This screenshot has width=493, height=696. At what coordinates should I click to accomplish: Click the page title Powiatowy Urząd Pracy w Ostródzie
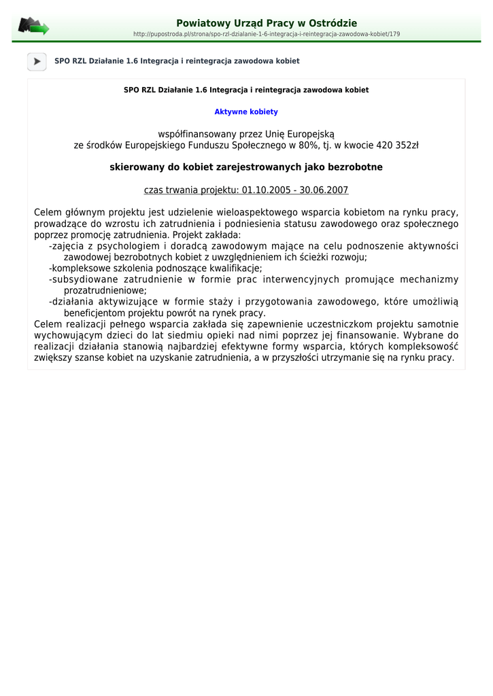pos(267,23)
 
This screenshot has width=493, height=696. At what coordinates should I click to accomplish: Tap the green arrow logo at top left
pos(33,27)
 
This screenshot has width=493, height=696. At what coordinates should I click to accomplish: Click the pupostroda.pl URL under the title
pos(267,34)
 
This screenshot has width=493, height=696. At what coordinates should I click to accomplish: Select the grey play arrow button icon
pos(37,61)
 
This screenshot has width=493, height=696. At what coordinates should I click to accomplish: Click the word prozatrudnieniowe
pos(105,290)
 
